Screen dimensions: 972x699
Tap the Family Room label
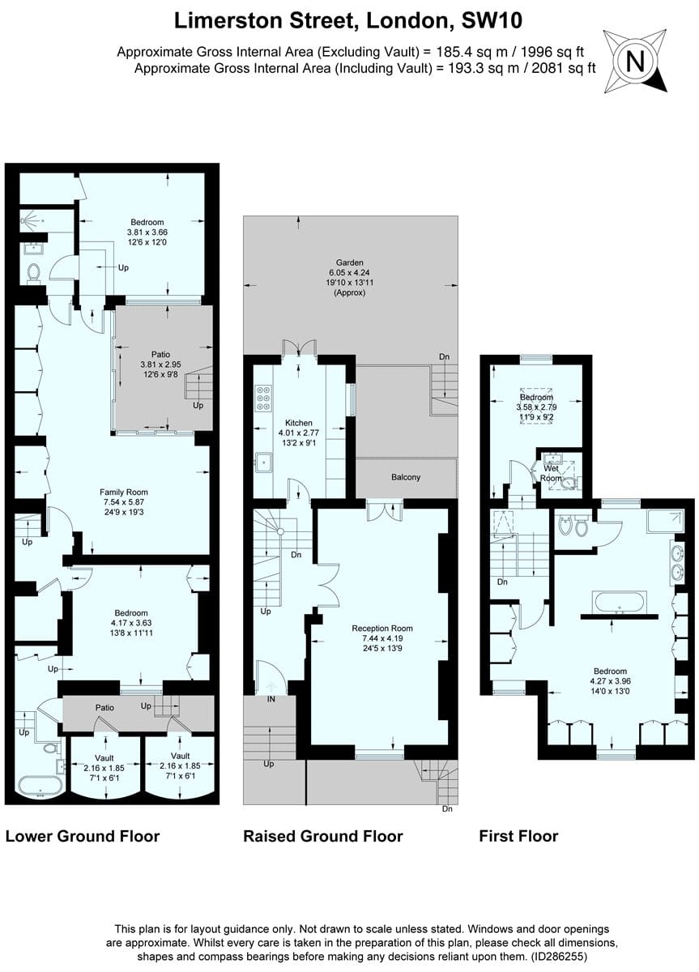124,492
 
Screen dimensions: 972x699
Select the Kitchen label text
298,424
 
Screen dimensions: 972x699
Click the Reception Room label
382,628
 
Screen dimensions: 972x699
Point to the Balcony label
406,477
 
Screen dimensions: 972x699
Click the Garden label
351,262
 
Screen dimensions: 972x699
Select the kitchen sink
263,463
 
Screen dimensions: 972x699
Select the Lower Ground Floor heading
83,836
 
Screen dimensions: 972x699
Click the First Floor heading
518,836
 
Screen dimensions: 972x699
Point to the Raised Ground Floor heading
323,836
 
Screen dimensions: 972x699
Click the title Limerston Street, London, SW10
350,19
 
